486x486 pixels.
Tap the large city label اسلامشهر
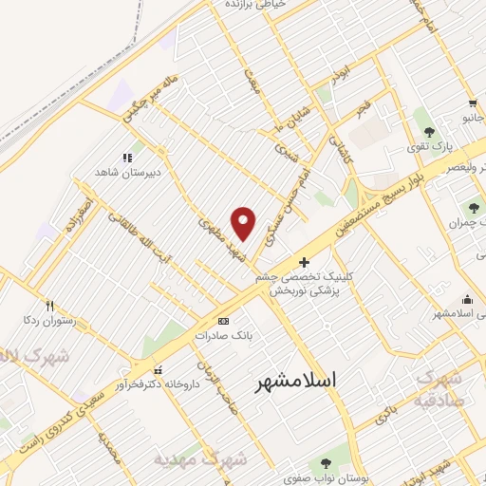pos(297,382)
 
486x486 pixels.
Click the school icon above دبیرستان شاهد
pos(126,159)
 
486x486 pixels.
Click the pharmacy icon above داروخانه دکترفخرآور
pos(158,369)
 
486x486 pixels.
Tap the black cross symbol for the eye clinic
pos(304,262)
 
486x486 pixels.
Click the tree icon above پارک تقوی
pos(429,132)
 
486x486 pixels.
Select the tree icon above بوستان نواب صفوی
pos(327,463)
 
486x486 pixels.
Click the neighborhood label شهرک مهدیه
pos(201,460)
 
